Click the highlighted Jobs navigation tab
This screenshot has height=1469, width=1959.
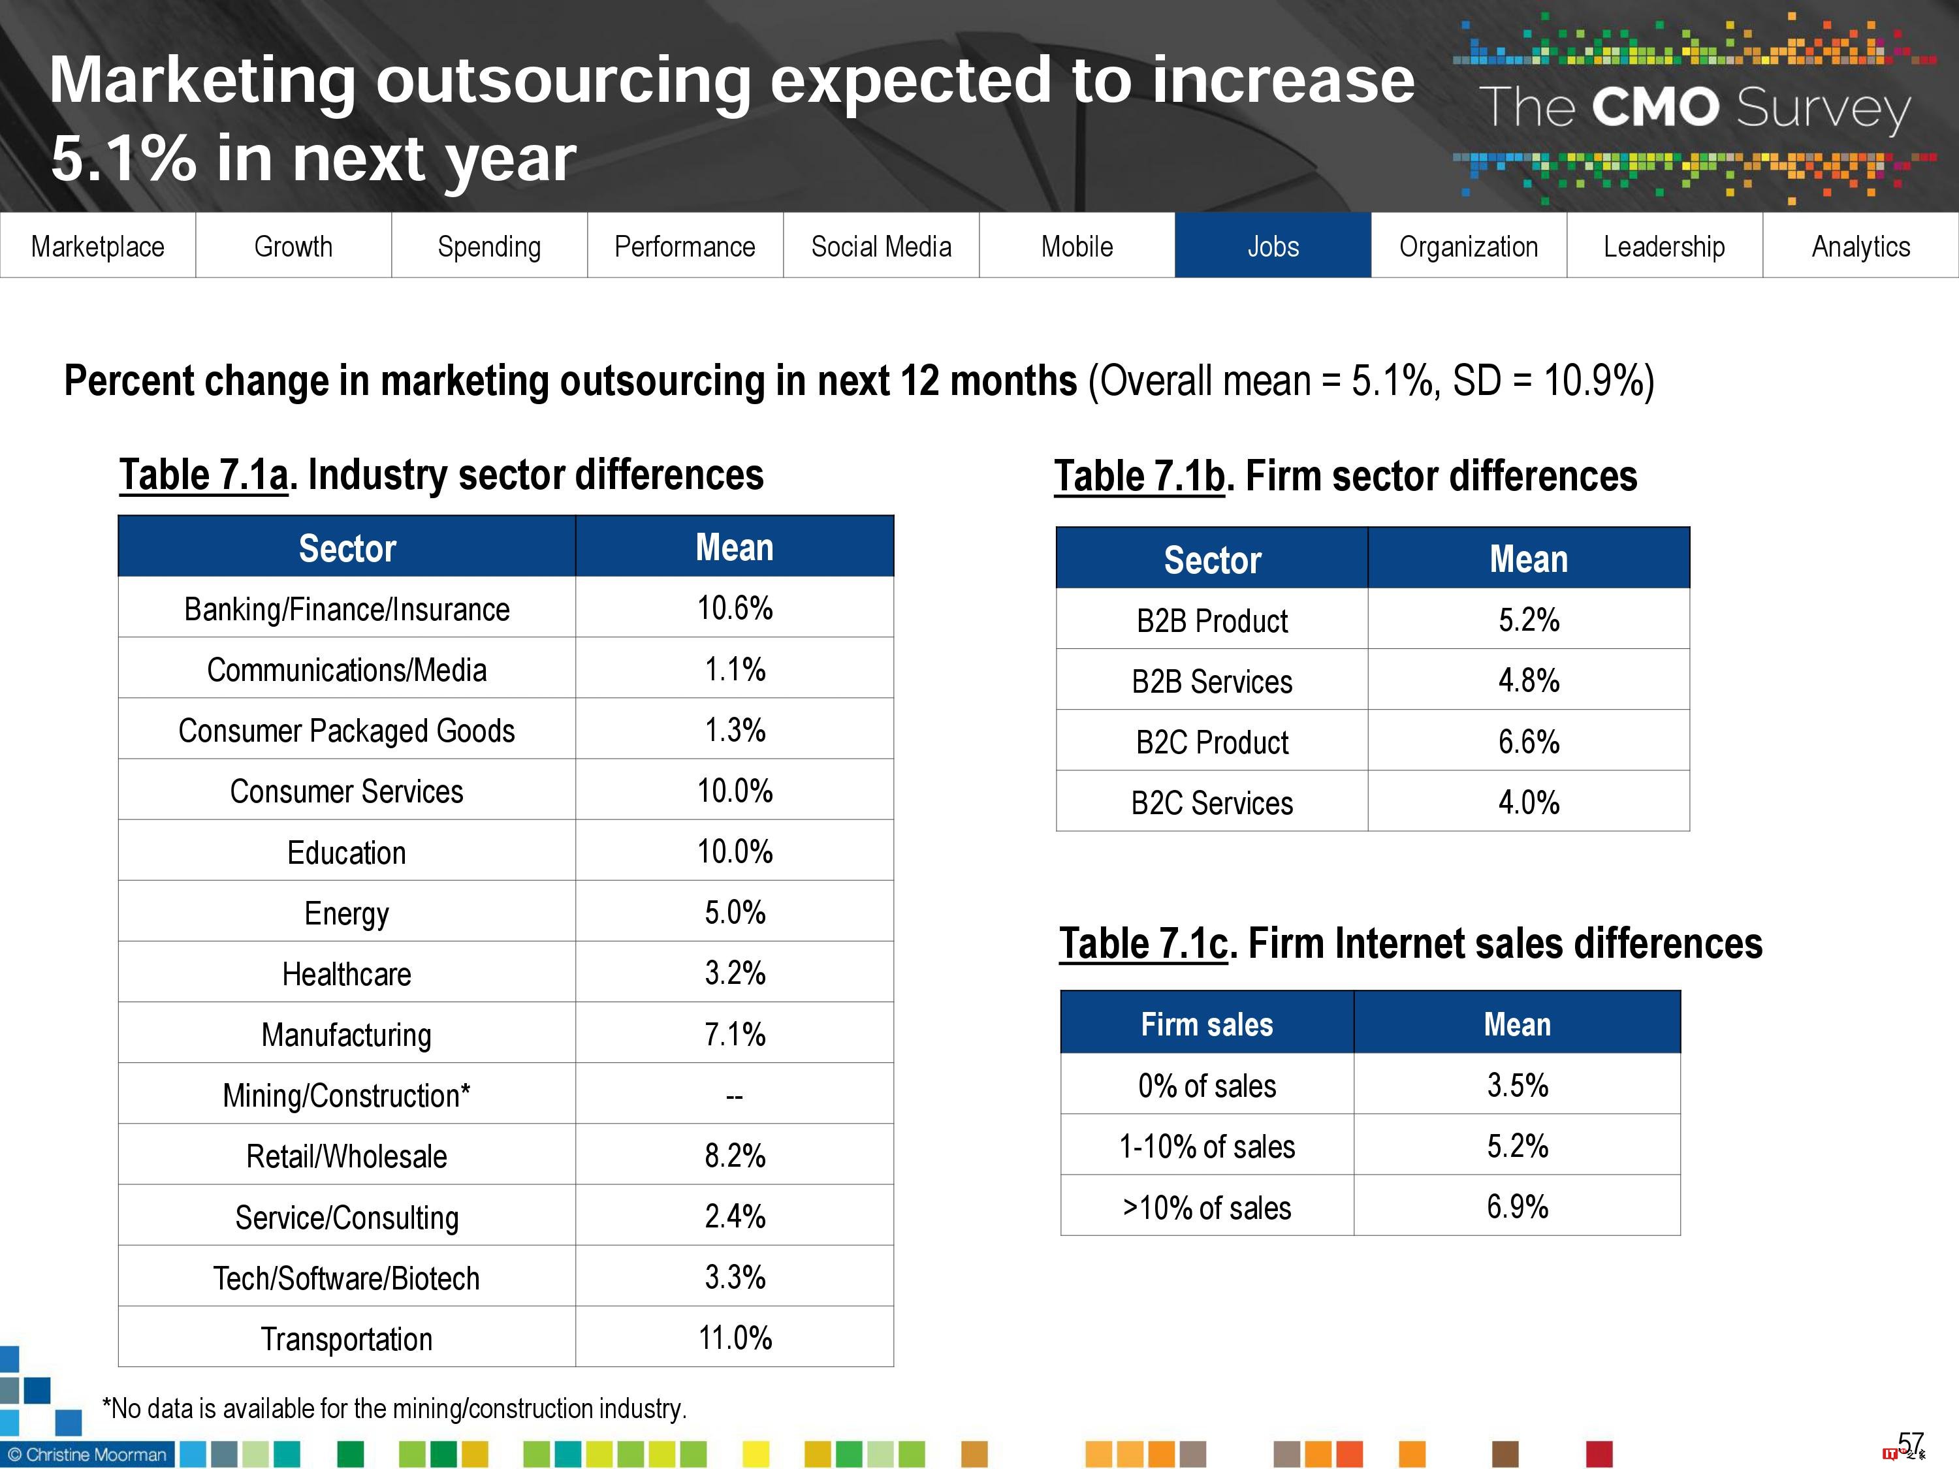coord(1273,246)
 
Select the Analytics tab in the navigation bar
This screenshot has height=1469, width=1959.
coord(1860,246)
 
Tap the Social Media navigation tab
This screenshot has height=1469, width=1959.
coord(881,246)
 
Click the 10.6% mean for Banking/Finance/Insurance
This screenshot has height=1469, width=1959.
coord(734,608)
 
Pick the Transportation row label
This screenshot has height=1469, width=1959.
coord(346,1339)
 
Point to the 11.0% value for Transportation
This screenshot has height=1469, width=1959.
coord(734,1337)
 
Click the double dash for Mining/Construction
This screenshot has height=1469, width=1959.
coord(734,1096)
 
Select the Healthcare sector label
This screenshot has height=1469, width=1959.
coord(346,974)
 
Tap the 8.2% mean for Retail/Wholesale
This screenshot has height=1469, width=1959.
coord(734,1156)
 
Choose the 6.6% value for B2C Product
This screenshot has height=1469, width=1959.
coord(1529,741)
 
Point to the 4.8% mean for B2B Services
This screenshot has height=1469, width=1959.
coord(1529,680)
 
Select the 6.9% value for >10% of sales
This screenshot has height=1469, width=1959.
coord(1517,1206)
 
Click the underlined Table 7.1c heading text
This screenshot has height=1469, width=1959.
coord(1144,944)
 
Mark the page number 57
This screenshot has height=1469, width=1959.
coord(1910,1444)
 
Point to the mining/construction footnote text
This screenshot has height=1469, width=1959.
coord(394,1408)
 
